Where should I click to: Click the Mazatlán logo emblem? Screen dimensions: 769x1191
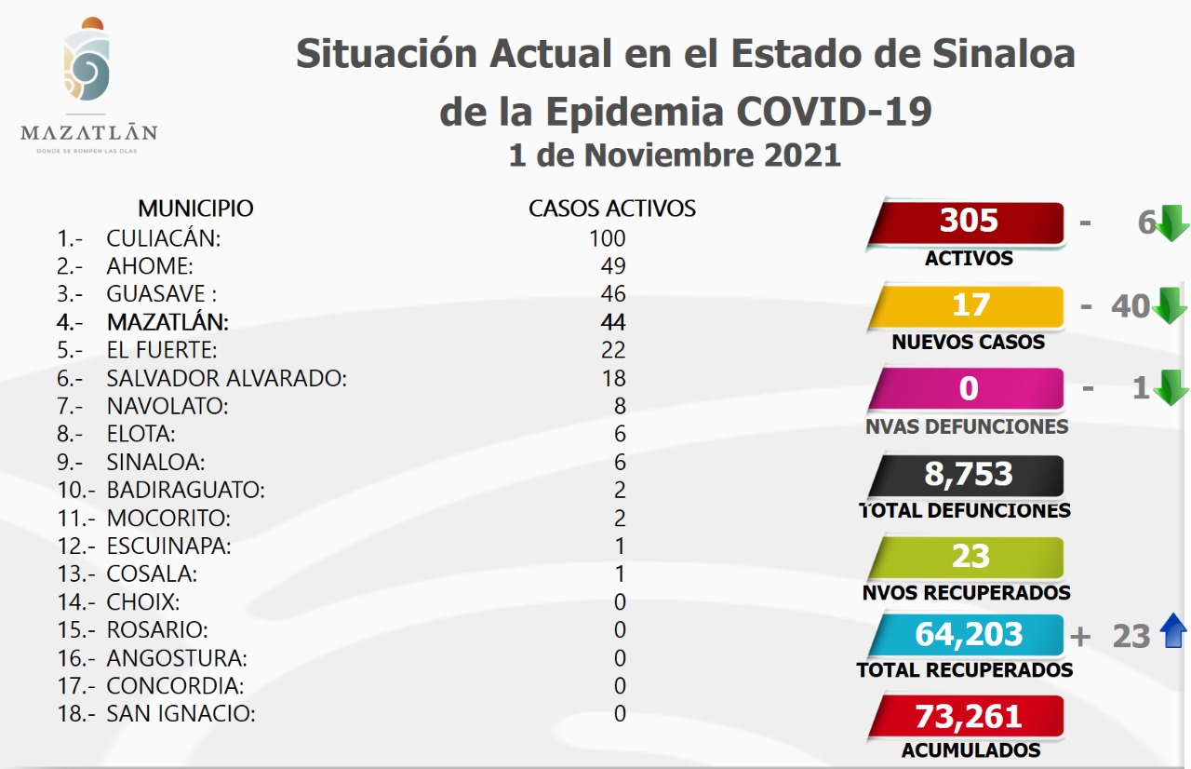(87, 63)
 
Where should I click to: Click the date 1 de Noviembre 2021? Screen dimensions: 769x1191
(675, 155)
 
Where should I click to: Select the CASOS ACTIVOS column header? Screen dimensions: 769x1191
(612, 208)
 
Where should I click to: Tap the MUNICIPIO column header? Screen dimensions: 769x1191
(195, 208)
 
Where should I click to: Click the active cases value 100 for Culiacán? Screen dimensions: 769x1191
(607, 238)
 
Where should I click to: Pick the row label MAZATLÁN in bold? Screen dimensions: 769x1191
(167, 322)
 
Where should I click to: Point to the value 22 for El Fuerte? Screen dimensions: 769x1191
(613, 350)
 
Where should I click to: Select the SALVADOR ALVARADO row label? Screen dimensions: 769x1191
(226, 378)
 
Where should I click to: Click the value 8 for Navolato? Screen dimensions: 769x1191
(620, 406)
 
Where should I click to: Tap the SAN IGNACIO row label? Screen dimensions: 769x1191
(181, 714)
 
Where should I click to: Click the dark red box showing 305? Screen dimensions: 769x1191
(968, 222)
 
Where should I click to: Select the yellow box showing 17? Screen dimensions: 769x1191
(968, 306)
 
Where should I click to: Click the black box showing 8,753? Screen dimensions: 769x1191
(968, 475)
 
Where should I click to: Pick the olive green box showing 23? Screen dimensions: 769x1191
(968, 557)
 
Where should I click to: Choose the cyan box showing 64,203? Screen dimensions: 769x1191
(968, 635)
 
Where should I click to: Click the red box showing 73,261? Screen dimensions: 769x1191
(968, 717)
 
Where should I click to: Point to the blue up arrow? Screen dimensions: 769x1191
(1173, 633)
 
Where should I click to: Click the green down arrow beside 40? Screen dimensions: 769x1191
(1170, 305)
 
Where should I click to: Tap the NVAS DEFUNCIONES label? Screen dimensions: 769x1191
(966, 426)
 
